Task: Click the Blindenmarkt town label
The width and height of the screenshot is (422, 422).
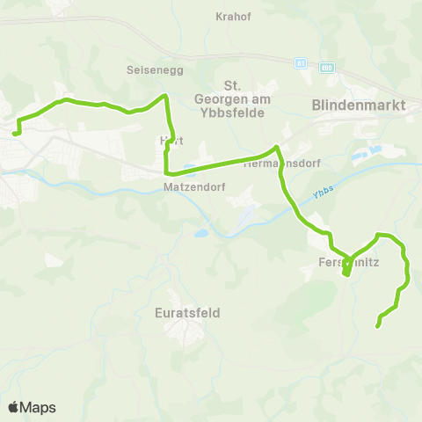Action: [x=353, y=105]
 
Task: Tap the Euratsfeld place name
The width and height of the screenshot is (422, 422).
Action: [x=186, y=313]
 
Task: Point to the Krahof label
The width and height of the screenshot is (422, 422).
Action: [x=233, y=16]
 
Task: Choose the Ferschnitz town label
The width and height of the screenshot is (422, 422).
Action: [x=349, y=261]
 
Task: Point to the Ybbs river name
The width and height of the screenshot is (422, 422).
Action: [x=323, y=197]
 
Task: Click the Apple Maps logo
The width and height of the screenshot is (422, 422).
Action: [x=32, y=407]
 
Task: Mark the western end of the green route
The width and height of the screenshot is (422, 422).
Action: [x=15, y=134]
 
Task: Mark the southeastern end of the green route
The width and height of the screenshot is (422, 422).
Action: [x=378, y=326]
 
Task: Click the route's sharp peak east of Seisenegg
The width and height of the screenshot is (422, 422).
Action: [x=164, y=96]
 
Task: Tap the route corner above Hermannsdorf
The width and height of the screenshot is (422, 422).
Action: [x=277, y=147]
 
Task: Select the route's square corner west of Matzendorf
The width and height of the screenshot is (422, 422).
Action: [x=166, y=172]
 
